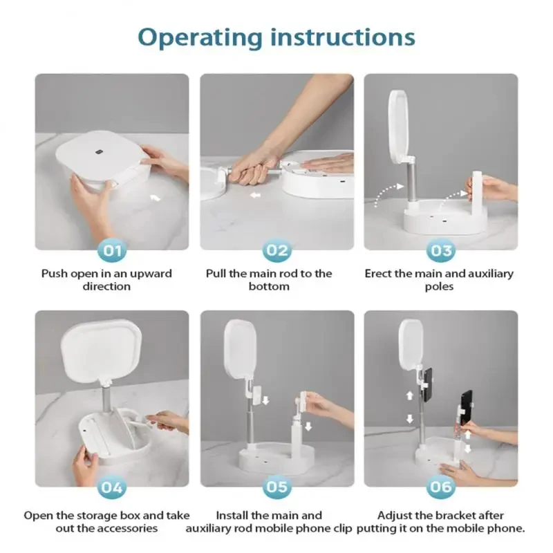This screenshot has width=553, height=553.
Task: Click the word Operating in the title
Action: point(200,38)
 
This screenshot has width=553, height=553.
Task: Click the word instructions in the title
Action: point(343,37)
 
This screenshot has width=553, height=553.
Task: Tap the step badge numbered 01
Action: point(112,251)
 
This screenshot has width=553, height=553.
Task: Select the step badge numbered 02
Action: point(277,251)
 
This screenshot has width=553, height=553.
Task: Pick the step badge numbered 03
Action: point(441,251)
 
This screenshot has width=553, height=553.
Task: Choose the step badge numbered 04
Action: point(112,488)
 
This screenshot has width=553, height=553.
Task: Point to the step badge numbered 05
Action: point(277,488)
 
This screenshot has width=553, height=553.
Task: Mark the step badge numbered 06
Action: point(441,488)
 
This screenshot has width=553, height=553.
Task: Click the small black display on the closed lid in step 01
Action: point(99,153)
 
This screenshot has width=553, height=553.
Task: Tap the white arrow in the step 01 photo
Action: point(155,198)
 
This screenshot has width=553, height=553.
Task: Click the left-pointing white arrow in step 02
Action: point(255,195)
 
